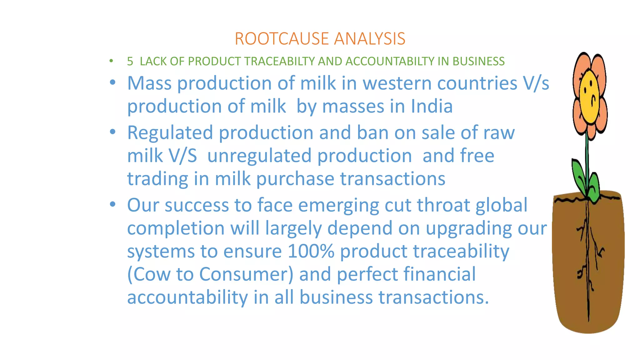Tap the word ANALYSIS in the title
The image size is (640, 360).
(369, 39)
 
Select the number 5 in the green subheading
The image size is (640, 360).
(130, 61)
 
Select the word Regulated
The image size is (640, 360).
(170, 133)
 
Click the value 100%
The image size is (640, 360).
(311, 251)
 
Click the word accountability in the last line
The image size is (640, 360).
(187, 297)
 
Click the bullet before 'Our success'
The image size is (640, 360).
(113, 205)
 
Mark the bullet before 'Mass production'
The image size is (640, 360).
(113, 83)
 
